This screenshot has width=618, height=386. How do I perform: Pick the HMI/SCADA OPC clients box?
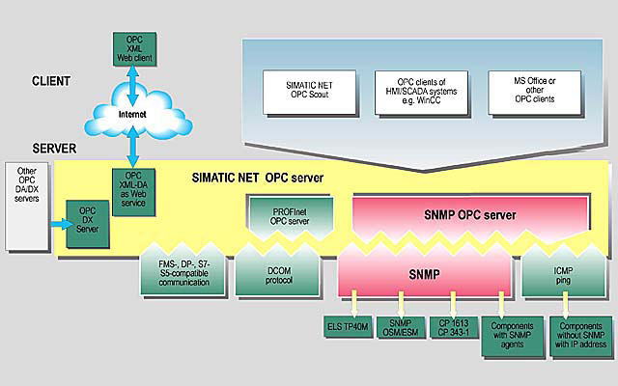(414, 88)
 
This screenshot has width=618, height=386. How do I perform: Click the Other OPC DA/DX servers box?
(27, 190)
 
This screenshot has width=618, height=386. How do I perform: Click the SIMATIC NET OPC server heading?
(257, 179)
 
